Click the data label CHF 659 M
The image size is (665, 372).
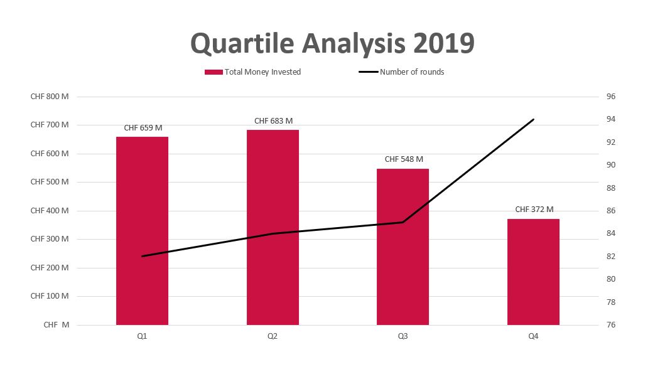pos(143,128)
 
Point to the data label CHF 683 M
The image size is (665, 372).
pos(273,120)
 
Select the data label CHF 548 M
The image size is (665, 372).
pos(404,159)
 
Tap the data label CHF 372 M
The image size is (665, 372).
pos(534,210)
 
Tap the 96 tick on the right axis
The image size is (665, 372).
pos(611,97)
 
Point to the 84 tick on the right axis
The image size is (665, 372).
pos(611,233)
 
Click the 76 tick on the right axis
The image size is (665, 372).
pos(611,325)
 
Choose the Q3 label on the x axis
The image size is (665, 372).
pos(403,337)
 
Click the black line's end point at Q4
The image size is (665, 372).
pos(533,119)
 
